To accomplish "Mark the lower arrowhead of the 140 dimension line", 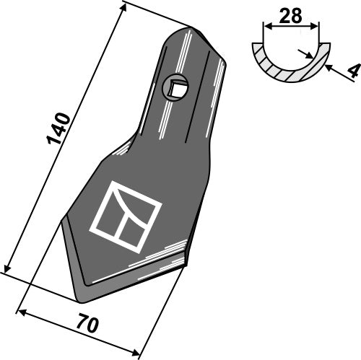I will (x=8, y=266).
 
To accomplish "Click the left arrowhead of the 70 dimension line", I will (x=20, y=312).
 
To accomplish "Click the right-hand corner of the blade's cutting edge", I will (x=186, y=262).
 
